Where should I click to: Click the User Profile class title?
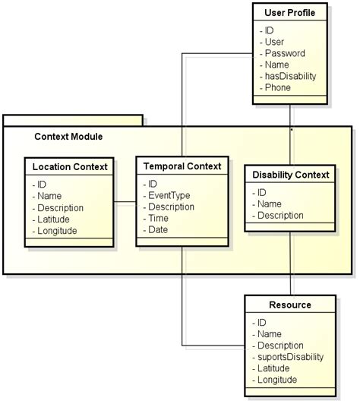coord(289,14)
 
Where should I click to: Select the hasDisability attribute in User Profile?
coord(290,76)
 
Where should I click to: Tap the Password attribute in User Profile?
coord(285,53)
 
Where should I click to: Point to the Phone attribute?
coord(277,87)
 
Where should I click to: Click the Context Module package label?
coord(68,137)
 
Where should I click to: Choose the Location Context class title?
coord(70,166)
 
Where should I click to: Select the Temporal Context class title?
coord(182,166)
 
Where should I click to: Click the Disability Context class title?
coord(290,175)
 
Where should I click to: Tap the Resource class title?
coord(290,305)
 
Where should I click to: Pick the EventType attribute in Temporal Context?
coord(169,195)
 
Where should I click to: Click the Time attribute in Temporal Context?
coord(159,218)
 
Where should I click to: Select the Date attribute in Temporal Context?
coord(159,229)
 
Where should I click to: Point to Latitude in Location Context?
coord(54,219)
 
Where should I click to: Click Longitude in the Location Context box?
coord(57,231)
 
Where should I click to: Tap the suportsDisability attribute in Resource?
coord(290,357)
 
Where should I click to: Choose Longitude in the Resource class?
coord(277,380)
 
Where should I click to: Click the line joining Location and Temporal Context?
coord(125,203)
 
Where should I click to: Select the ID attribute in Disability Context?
coord(261,192)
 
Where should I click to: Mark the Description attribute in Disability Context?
coord(280,215)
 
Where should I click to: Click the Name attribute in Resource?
coord(270,334)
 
